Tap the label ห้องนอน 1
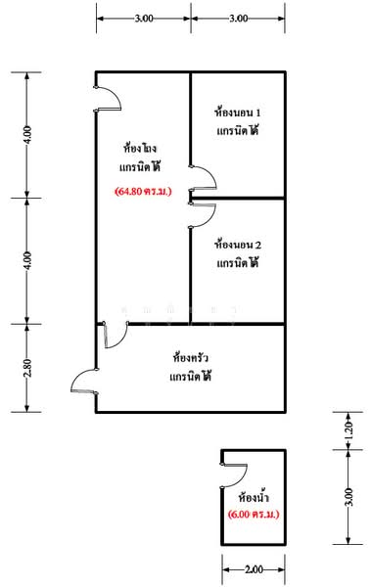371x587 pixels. pyautogui.click(x=237, y=113)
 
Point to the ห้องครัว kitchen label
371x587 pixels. pyautogui.click(x=190, y=356)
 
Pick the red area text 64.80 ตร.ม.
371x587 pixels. pyautogui.click(x=143, y=191)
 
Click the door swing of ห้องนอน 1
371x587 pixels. pyautogui.click(x=204, y=178)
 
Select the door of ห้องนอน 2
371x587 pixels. pyautogui.click(x=201, y=213)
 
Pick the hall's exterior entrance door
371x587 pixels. pyautogui.click(x=108, y=97)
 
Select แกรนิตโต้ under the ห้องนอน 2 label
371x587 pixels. pyautogui.click(x=237, y=263)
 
